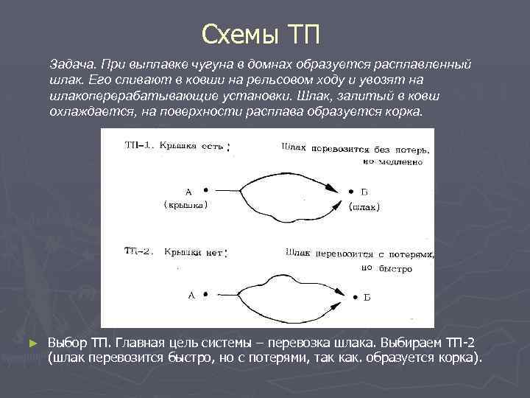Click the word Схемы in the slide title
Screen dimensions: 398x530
click(x=233, y=34)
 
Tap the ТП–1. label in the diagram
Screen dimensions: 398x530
click(x=138, y=145)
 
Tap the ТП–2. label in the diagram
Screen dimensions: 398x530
click(x=138, y=252)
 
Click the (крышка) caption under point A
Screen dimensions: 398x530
click(x=185, y=204)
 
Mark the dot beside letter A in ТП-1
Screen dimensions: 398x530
click(x=205, y=189)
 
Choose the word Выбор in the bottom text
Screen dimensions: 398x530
click(x=68, y=343)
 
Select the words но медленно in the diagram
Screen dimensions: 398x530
click(x=394, y=160)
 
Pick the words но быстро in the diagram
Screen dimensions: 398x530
click(x=387, y=268)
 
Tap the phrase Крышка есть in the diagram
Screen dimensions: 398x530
click(x=194, y=145)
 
